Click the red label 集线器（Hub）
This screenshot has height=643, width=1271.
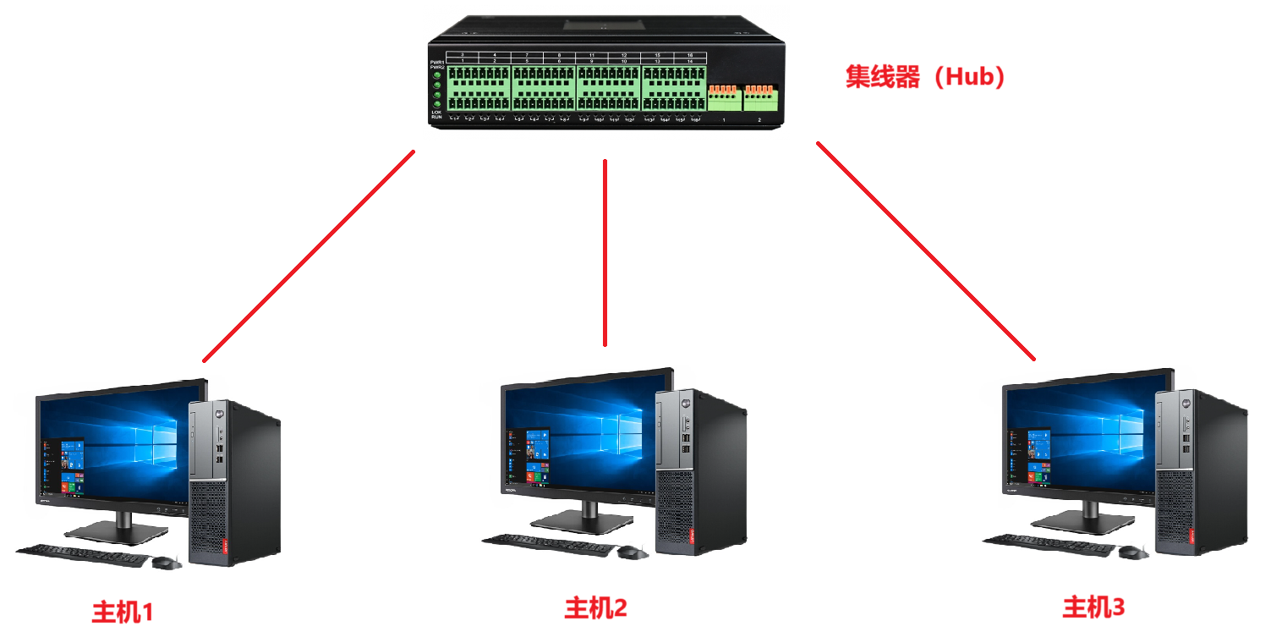(x=927, y=78)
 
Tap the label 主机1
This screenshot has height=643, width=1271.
(x=123, y=612)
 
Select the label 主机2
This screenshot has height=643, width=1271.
(x=596, y=607)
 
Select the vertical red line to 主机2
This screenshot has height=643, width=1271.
(x=605, y=254)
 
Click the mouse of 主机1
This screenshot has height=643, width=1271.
(x=166, y=563)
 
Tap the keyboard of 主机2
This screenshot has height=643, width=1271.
(x=548, y=545)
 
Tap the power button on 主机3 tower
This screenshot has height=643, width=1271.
(x=1186, y=401)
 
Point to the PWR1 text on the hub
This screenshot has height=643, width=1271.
(x=436, y=62)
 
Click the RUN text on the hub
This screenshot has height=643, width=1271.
(x=436, y=118)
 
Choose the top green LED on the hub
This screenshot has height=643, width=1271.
(x=437, y=76)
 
